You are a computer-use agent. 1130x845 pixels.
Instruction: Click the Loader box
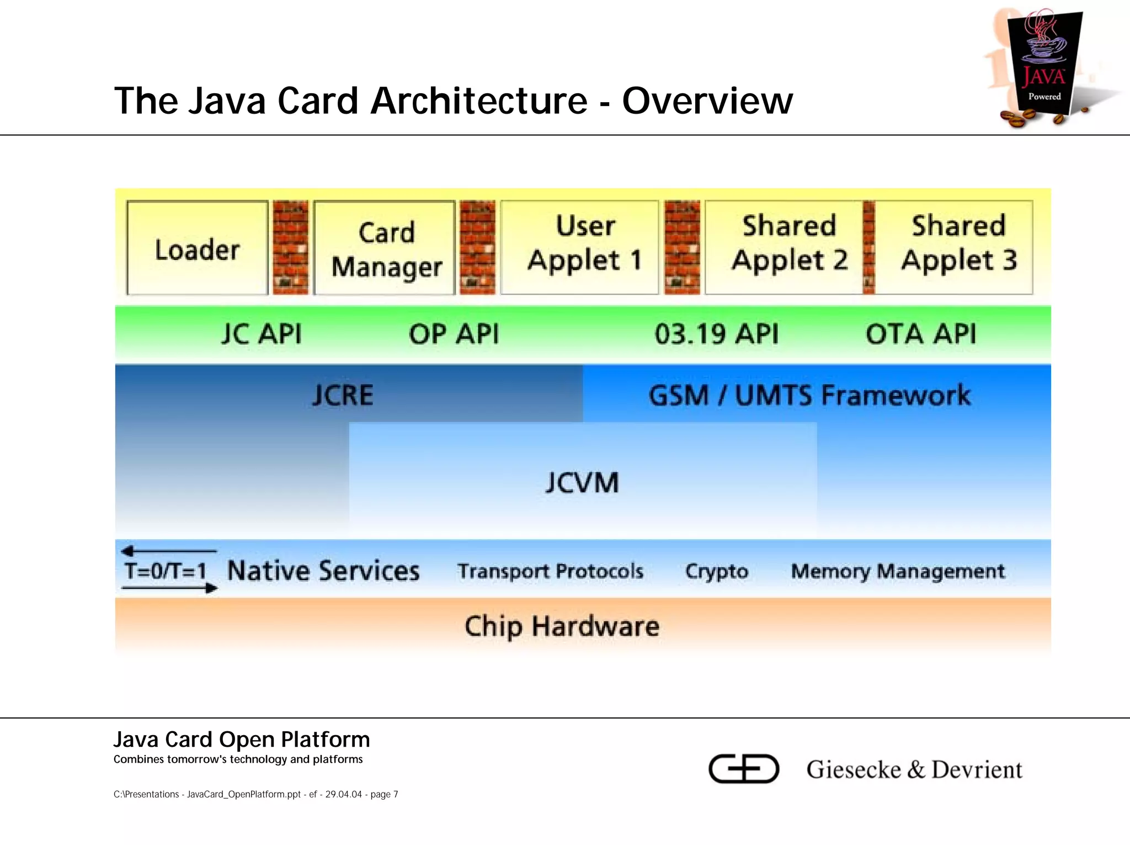197,248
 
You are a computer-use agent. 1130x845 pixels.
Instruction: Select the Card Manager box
385,248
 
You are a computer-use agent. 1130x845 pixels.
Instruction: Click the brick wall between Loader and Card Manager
291,247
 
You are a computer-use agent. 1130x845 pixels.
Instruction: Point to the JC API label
262,334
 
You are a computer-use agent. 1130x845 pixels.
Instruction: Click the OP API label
454,334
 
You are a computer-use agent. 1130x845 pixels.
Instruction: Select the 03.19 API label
716,334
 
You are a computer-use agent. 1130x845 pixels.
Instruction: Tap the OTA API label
920,334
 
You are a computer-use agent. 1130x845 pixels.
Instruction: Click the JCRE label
343,395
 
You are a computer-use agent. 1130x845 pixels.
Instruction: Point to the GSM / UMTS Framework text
809,395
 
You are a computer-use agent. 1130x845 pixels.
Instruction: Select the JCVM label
582,482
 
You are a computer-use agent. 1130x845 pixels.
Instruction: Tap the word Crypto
716,571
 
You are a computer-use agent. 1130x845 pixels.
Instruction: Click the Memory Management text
898,571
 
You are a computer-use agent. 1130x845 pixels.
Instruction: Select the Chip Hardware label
562,626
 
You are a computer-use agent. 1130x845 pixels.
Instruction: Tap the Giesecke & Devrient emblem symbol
743,768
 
